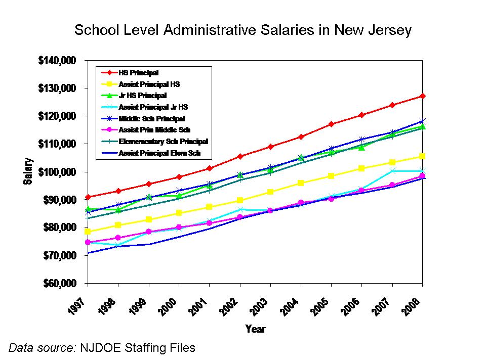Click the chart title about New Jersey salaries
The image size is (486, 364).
coord(243,30)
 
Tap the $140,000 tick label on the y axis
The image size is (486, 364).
coord(57,61)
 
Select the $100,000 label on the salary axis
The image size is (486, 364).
coord(57,172)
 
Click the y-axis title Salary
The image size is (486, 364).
coord(28,172)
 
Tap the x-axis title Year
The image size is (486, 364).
coord(255,329)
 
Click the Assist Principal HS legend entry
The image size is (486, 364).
coord(149,84)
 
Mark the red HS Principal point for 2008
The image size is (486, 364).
coord(423,96)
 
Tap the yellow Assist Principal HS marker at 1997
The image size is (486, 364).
coord(88,232)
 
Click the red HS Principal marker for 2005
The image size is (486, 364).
coord(331,124)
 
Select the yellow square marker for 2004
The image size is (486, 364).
coord(301,183)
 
